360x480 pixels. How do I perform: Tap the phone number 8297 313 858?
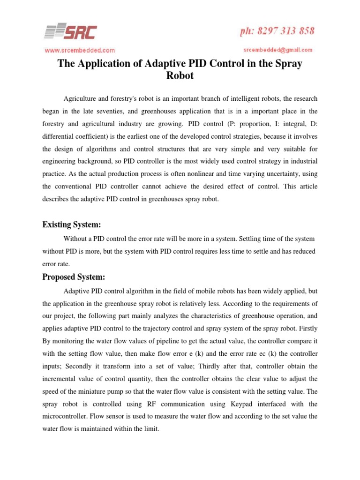(x=281, y=31)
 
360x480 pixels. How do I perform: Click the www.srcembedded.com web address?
(x=79, y=50)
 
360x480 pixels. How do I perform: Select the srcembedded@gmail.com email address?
(x=278, y=50)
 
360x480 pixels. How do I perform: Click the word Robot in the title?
(x=180, y=75)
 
